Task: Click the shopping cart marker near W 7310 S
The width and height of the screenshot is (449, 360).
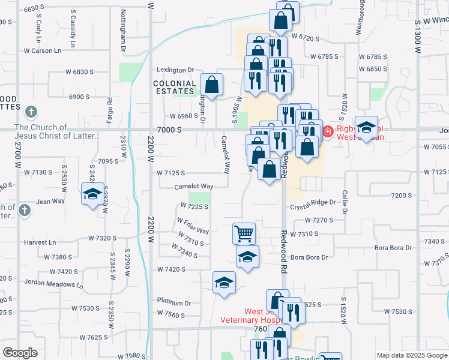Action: (244, 233)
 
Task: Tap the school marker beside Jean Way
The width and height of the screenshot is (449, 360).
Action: (92, 194)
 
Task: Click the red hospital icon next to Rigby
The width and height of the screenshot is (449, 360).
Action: (328, 131)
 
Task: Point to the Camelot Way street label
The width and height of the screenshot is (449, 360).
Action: (194, 187)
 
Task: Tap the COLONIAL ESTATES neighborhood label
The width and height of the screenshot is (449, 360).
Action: (175, 88)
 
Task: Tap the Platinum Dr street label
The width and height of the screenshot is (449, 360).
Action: (173, 302)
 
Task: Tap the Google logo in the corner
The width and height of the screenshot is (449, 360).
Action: (21, 353)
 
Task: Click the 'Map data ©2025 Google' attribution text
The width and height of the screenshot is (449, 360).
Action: (411, 355)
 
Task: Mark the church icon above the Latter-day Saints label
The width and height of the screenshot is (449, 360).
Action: (31, 112)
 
